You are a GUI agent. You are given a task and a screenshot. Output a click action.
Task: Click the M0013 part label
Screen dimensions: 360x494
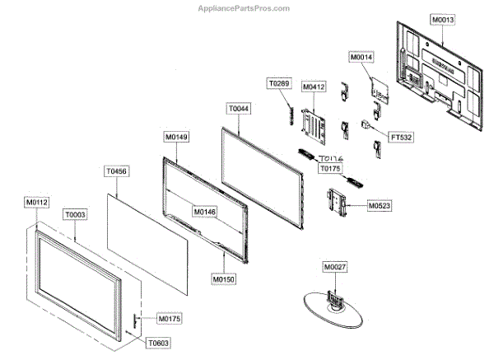pos(442,18)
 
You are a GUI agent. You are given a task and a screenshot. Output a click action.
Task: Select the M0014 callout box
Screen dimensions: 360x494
pos(361,58)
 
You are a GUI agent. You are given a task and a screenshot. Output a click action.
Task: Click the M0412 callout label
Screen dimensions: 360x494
pos(314,86)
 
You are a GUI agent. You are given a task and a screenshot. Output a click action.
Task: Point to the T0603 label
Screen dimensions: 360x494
pos(157,342)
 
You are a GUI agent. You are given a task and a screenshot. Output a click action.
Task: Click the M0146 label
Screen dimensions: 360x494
pos(205,212)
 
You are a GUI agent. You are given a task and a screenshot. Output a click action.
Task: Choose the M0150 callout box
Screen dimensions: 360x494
pos(224,279)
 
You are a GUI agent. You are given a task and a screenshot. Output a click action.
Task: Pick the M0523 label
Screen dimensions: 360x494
pos(380,203)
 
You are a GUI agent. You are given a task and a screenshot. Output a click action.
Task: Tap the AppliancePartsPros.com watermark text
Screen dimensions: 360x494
pos(245,7)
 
